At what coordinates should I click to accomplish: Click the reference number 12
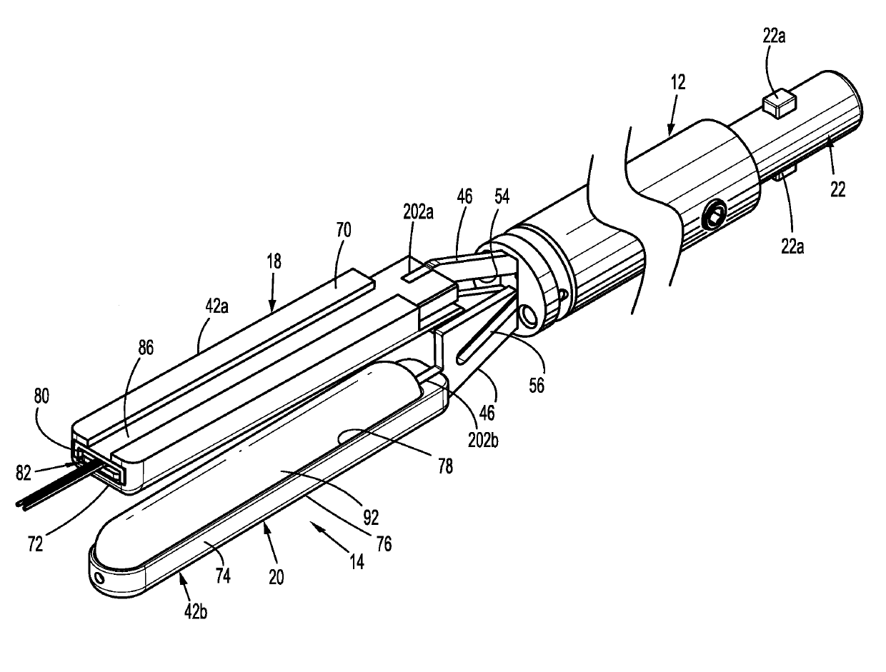(678, 82)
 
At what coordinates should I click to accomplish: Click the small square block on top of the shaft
(778, 105)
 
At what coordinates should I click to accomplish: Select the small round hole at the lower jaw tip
(97, 576)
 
